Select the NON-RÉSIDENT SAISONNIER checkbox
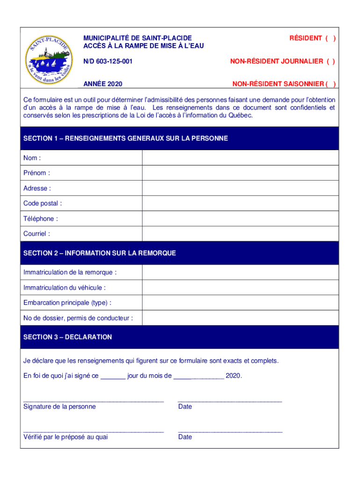(330, 84)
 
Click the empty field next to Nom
(240, 158)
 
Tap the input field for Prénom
(240, 173)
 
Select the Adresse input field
(240, 189)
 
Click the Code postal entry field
(240, 203)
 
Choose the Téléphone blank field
(240, 219)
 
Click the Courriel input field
(240, 234)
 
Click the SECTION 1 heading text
(125, 138)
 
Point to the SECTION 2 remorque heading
(100, 253)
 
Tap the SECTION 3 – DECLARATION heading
(68, 337)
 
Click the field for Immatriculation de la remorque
(240, 272)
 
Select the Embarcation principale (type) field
(240, 303)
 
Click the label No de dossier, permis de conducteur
(78, 318)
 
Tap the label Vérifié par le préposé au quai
(65, 437)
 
